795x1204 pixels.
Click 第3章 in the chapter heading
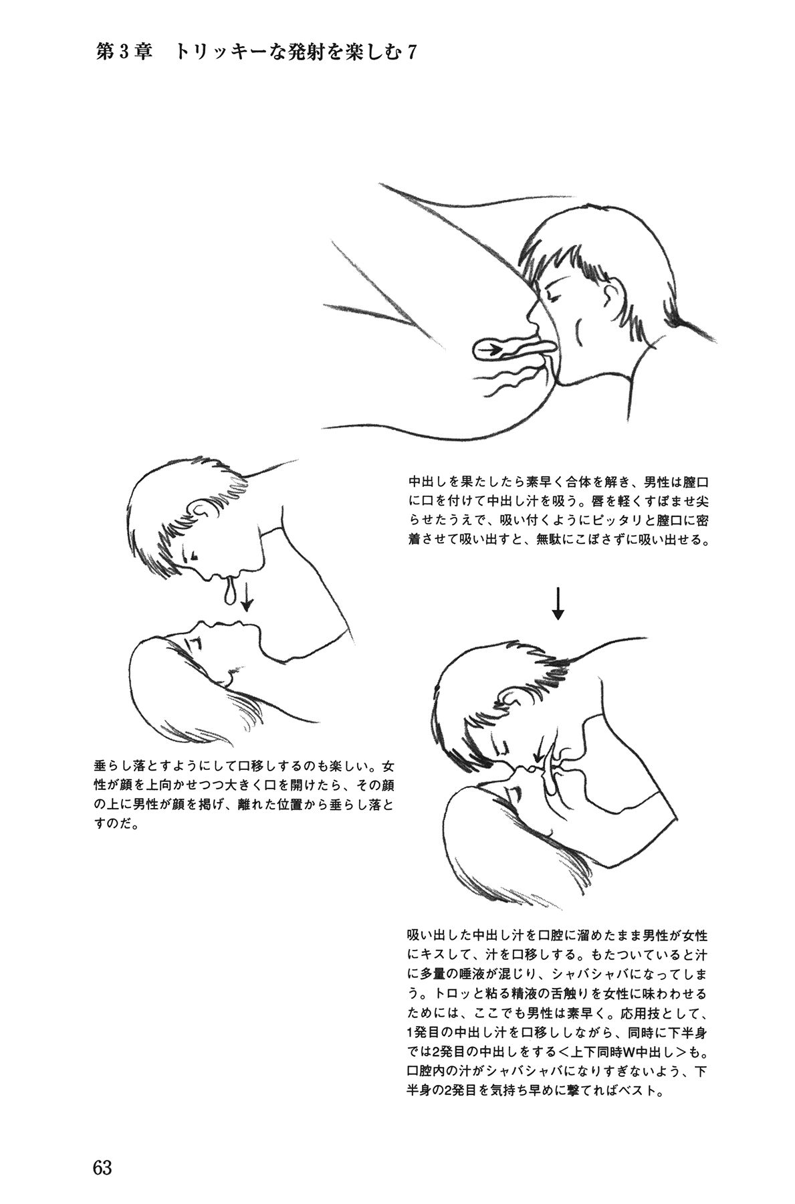pos(126,52)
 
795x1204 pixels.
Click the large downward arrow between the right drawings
pos(558,603)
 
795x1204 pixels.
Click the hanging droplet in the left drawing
pos(231,591)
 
